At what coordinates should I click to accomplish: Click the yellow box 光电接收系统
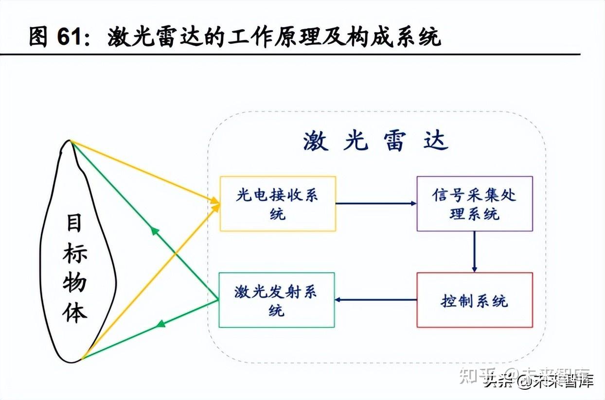pyautogui.click(x=278, y=203)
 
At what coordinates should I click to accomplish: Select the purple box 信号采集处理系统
pyautogui.click(x=474, y=203)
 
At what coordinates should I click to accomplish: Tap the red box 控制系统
pyautogui.click(x=474, y=300)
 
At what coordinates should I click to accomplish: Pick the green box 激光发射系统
pyautogui.click(x=277, y=300)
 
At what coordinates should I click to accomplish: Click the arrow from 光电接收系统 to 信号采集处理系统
pyautogui.click(x=376, y=203)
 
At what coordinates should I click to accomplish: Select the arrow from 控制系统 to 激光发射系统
pyautogui.click(x=376, y=300)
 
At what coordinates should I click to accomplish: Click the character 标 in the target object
pyautogui.click(x=74, y=253)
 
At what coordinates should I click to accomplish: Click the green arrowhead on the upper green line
pyautogui.click(x=155, y=230)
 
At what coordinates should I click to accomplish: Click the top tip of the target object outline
pyautogui.click(x=70, y=141)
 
